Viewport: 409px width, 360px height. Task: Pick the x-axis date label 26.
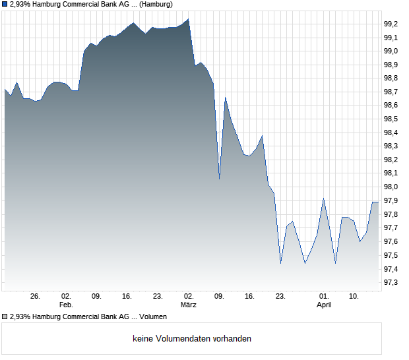(x=36, y=296)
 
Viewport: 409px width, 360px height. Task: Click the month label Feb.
(x=66, y=305)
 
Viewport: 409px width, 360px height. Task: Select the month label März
(x=189, y=305)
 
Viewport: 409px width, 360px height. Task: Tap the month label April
(x=324, y=305)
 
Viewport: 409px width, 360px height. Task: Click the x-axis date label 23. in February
(x=158, y=296)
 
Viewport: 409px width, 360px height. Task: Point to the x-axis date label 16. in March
(x=250, y=296)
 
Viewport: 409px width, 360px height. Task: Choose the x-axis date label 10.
(x=354, y=296)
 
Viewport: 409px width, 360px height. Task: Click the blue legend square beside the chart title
(x=5, y=5)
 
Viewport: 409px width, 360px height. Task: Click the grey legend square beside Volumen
(x=5, y=316)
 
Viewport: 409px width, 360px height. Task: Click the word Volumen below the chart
(x=153, y=316)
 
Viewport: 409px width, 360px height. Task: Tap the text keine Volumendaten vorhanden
(x=192, y=339)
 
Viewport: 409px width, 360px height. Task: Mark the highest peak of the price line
(x=189, y=19)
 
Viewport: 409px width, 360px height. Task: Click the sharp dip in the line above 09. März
(x=219, y=178)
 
